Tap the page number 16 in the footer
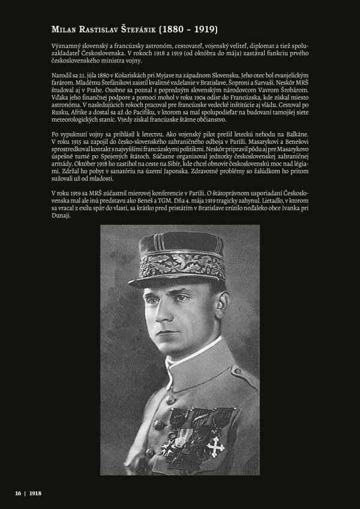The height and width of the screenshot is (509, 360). pos(18,493)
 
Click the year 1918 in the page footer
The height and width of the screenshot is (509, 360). pos(35,493)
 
